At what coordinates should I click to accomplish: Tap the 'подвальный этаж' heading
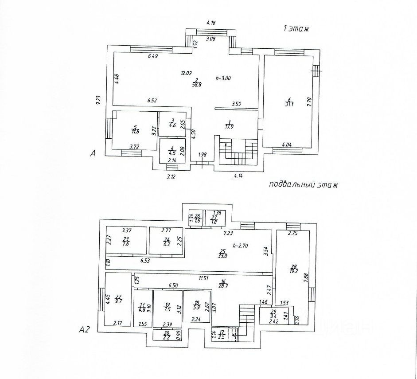tap(303, 184)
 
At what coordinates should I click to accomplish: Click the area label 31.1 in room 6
tap(289, 105)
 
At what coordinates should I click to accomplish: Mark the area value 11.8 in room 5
tap(135, 131)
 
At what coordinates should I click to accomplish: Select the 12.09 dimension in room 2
tap(186, 73)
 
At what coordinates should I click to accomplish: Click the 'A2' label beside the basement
tap(85, 329)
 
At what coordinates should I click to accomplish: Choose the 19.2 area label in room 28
tap(294, 270)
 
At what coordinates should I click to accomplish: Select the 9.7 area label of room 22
tap(118, 301)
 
